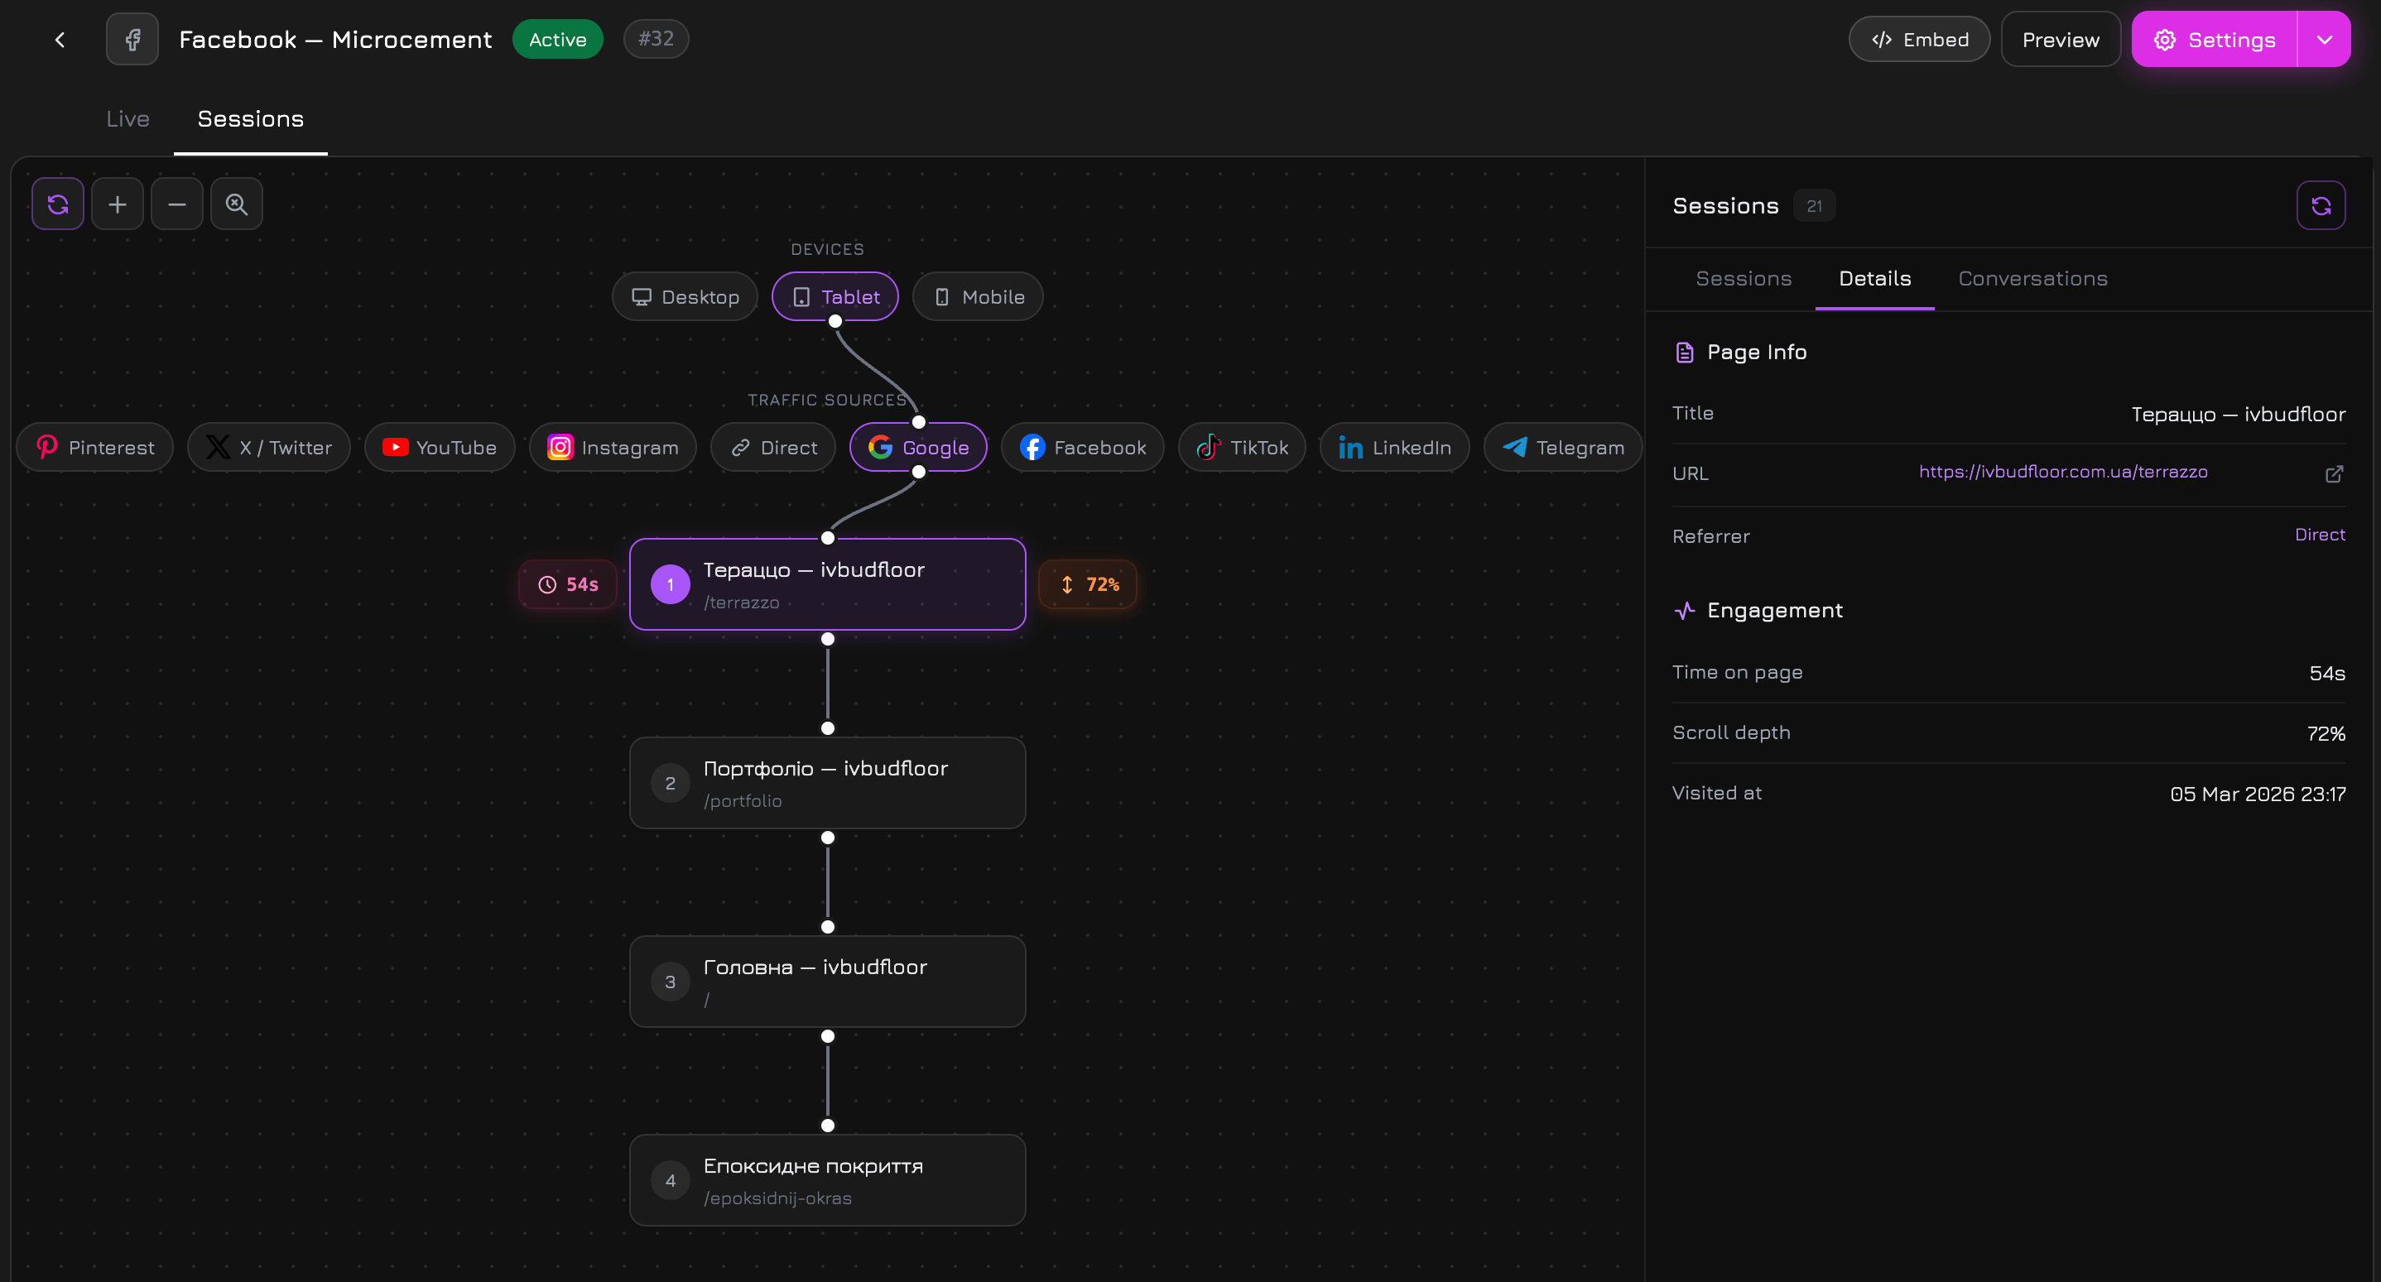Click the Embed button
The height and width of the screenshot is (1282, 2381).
click(1919, 40)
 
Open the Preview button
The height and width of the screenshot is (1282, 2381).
click(2061, 40)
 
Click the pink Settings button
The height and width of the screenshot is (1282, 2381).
click(2215, 40)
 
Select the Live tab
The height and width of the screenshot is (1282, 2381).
click(127, 119)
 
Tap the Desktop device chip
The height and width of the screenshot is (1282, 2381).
click(685, 296)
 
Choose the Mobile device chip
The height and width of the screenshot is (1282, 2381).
click(978, 296)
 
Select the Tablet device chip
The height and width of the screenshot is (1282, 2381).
click(835, 296)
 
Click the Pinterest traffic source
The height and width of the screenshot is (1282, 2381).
click(94, 448)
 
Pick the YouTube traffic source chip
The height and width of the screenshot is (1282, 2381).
click(439, 448)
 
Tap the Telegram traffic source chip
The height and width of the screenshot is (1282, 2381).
click(1562, 448)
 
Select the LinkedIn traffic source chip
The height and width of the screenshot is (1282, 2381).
click(1395, 448)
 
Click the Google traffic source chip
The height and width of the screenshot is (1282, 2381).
click(918, 448)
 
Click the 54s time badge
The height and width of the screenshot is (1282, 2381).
click(568, 584)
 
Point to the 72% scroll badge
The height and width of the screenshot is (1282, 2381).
click(1088, 584)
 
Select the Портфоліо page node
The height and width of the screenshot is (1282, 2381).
click(827, 783)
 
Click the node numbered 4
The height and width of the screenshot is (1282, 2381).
click(827, 1180)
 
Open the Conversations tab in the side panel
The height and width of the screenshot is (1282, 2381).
click(2032, 279)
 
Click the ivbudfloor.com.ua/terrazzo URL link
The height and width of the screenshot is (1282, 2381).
click(2062, 473)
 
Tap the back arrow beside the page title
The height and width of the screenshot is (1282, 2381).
click(60, 40)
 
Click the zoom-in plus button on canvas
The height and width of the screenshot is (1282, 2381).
click(118, 204)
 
